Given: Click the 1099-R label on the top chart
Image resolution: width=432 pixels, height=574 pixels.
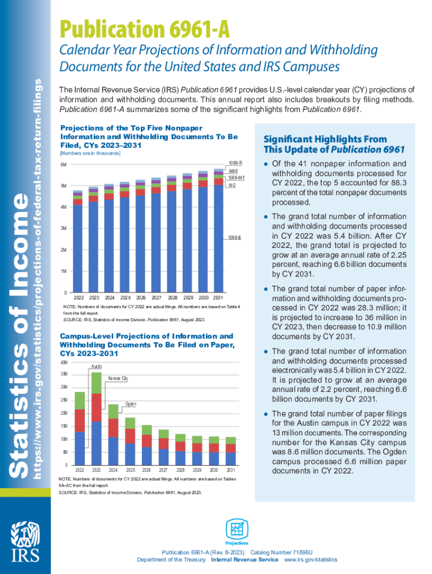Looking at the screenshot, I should coord(235,162).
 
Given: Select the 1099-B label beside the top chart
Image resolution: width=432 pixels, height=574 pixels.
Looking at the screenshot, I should coord(235,238).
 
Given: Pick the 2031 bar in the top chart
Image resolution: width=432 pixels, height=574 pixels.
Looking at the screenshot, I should coord(219,230).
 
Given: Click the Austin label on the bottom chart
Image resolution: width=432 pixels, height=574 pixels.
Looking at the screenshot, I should coord(96,366).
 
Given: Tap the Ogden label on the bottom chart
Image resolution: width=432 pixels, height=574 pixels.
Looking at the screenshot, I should coord(131,404).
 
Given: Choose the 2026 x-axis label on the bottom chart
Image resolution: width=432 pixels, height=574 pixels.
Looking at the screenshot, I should coord(146,470).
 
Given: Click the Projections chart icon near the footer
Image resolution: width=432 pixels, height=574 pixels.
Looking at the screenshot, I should coord(237,530).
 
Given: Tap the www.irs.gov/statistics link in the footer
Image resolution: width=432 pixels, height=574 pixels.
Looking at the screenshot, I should coord(311,559).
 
